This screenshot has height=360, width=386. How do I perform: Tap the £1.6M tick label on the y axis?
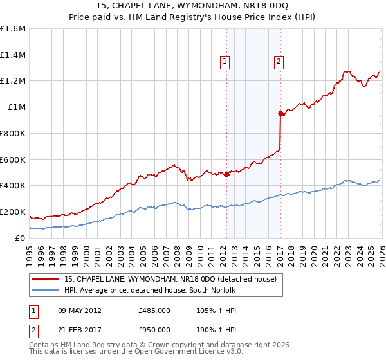pyautogui.click(x=13, y=29)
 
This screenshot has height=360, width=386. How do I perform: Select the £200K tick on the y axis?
pyautogui.click(x=13, y=212)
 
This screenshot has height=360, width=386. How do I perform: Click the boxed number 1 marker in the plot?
pyautogui.click(x=225, y=62)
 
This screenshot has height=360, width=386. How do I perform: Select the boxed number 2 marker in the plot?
pyautogui.click(x=279, y=62)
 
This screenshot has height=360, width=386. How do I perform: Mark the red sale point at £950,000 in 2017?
pyautogui.click(x=280, y=114)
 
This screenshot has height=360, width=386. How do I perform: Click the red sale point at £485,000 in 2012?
pyautogui.click(x=226, y=174)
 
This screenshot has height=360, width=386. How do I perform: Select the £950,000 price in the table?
pyautogui.click(x=154, y=329)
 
